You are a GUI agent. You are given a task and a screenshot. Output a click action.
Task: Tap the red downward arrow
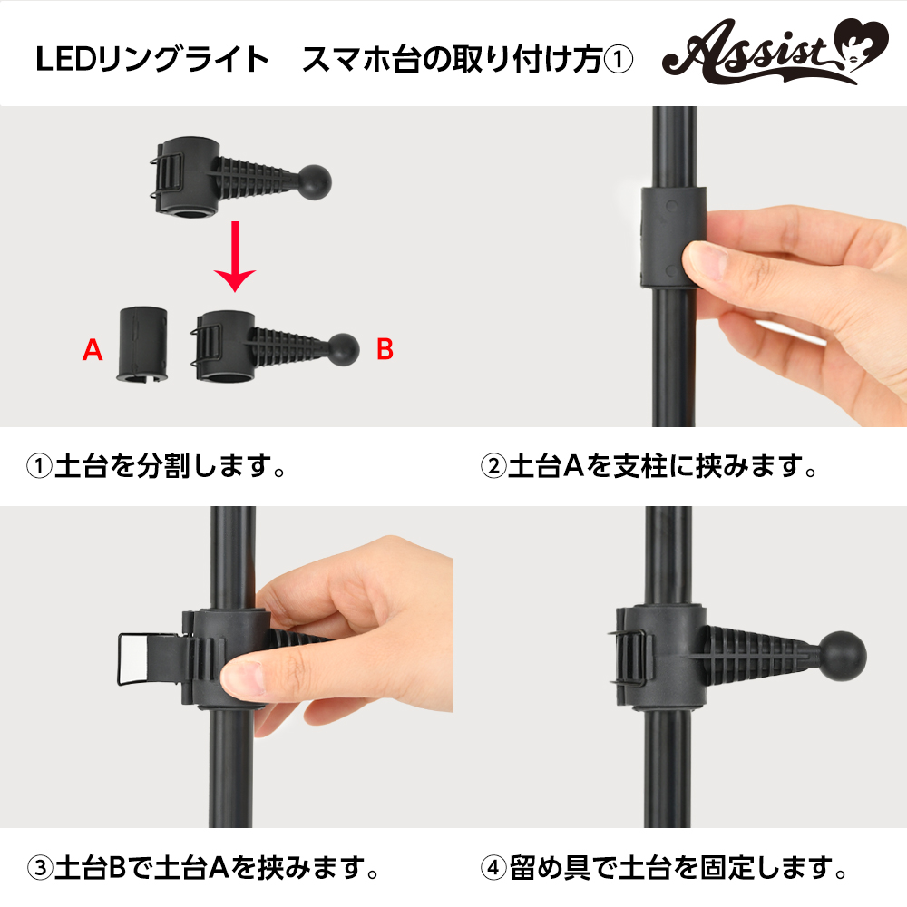[235, 257]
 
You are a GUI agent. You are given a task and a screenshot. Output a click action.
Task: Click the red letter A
[93, 350]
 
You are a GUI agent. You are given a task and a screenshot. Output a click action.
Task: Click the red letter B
[385, 349]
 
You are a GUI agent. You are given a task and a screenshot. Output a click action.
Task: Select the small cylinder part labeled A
[142, 344]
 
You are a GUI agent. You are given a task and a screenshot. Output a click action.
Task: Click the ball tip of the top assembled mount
[315, 181]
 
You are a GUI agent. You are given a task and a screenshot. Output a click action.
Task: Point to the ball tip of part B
[343, 350]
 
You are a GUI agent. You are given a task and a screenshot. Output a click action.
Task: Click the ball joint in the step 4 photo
[844, 655]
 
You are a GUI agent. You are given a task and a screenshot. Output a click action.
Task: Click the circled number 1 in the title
[619, 60]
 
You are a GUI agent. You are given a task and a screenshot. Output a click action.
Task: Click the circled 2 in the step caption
[493, 465]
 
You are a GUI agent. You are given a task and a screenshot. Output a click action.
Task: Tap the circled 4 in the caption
[493, 868]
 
